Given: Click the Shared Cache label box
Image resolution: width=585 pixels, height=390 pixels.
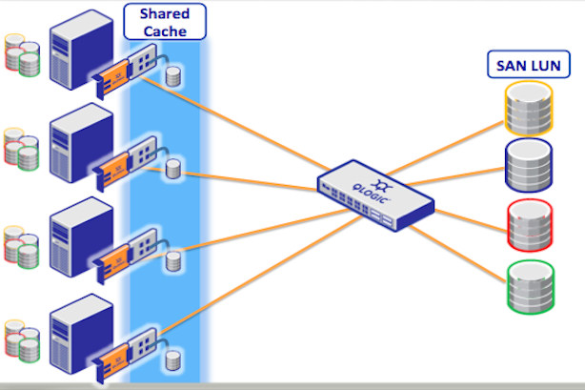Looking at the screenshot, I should (164, 21).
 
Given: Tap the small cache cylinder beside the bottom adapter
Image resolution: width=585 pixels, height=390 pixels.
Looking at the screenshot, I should (173, 359).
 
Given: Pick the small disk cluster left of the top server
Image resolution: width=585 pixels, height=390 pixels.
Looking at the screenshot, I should (22, 54).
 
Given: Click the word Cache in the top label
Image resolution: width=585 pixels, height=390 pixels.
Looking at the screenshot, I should (164, 31).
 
